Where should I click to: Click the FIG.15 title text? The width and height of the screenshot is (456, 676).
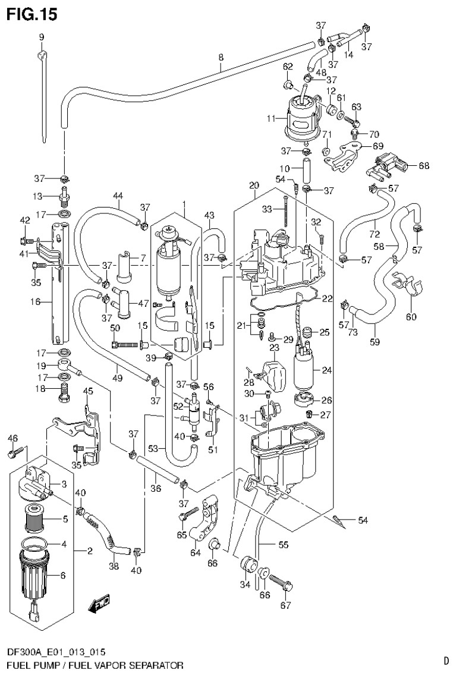click(x=32, y=14)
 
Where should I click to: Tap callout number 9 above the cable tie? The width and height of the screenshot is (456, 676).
click(x=42, y=37)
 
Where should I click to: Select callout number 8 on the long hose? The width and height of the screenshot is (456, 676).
click(x=221, y=58)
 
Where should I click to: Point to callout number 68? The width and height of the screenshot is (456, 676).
click(x=423, y=165)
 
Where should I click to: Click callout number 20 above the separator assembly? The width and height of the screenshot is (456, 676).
click(x=254, y=185)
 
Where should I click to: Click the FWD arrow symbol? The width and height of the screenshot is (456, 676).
click(x=98, y=605)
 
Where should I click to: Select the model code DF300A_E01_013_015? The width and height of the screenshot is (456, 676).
click(x=57, y=652)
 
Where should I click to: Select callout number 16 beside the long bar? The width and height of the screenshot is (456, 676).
click(x=35, y=302)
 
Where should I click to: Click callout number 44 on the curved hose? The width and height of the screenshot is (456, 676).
click(x=118, y=196)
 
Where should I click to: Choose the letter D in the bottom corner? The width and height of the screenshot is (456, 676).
click(x=445, y=660)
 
